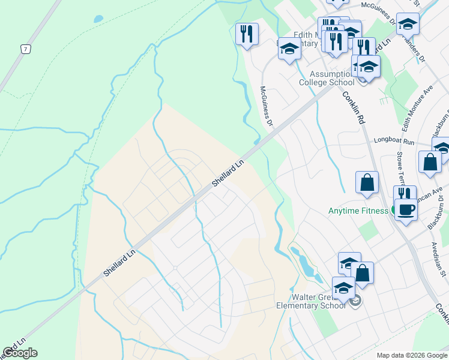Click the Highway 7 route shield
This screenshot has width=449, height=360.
[x=25, y=49]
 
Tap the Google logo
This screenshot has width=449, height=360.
[x=20, y=353]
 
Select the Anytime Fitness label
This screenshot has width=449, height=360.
[x=358, y=211]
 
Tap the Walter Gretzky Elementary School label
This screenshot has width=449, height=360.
[x=310, y=301]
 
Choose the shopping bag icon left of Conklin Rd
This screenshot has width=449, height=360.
[x=367, y=183]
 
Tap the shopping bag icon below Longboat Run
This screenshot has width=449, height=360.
[x=430, y=161]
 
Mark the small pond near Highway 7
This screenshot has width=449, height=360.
[x=98, y=19]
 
